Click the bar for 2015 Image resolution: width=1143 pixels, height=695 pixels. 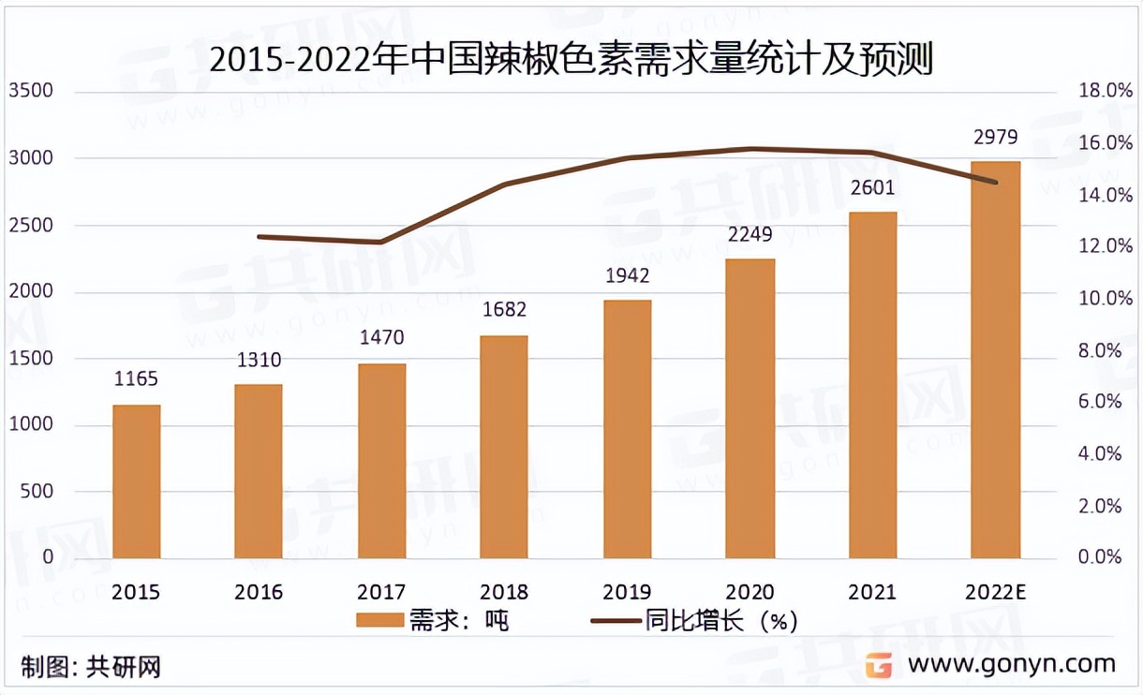pos(137,481)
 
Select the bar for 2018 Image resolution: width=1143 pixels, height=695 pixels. pos(504,447)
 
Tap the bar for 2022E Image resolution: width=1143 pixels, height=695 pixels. pos(995,360)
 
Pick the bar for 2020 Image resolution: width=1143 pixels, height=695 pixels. pos(750,408)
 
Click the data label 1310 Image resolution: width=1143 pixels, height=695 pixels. pos(259,361)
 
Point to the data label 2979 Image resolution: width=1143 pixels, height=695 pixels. pos(995,139)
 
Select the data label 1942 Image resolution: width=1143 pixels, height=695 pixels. pos(627,276)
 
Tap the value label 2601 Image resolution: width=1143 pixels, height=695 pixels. pos(872,188)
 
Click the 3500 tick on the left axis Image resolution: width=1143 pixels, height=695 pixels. pos(31,92)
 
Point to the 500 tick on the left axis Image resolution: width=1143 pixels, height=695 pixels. pos(37,492)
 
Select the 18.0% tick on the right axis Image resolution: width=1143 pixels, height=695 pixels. pos(1095,92)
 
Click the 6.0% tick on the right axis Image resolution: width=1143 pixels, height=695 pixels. pos(1099,402)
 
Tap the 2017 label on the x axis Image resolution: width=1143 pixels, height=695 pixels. pos(381,592)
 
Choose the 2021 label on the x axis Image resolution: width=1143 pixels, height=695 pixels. pos(872,592)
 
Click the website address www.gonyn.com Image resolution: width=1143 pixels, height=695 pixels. pos(1012,664)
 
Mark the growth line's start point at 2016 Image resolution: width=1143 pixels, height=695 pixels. pos(259,237)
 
